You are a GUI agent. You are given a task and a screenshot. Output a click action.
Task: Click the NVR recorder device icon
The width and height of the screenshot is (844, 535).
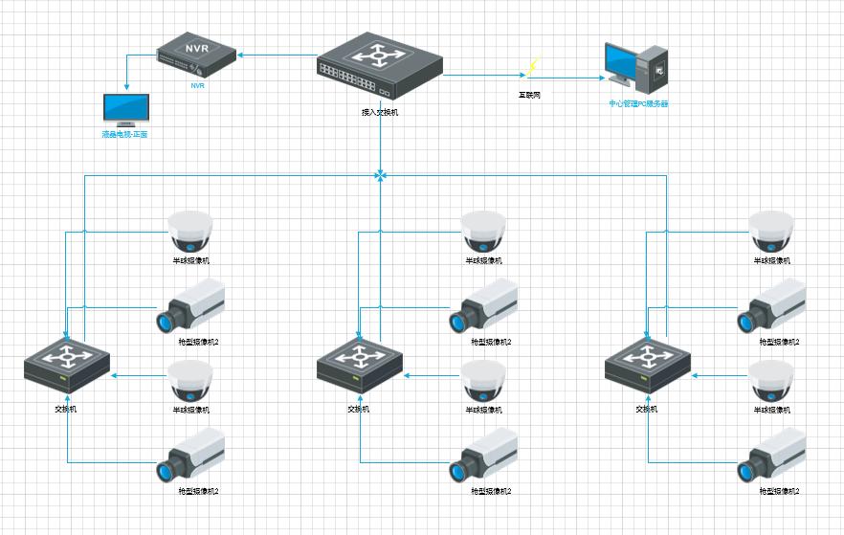196,56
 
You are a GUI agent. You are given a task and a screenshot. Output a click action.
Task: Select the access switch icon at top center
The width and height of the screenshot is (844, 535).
381,67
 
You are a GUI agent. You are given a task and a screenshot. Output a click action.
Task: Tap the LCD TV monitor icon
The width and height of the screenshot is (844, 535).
126,109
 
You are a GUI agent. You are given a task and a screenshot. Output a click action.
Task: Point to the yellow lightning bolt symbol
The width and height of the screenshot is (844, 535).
532,67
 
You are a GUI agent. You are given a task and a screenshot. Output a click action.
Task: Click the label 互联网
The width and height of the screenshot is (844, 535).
530,95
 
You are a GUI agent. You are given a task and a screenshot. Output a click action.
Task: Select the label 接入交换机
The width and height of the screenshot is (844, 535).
380,113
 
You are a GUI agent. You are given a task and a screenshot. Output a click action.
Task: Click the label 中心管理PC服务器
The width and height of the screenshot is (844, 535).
638,103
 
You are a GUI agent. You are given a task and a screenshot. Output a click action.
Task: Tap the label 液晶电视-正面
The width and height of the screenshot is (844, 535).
125,135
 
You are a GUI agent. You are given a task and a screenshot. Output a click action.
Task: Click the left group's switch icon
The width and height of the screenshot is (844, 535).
67,365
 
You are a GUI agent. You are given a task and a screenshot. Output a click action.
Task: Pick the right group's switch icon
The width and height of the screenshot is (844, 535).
648,365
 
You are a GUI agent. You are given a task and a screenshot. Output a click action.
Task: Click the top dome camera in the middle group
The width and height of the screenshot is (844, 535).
483,231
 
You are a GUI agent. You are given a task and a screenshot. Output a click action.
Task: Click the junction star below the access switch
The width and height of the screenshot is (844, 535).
381,175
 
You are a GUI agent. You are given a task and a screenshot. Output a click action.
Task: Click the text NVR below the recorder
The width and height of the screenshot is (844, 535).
197,85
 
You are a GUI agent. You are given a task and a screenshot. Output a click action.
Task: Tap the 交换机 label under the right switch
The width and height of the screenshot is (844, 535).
647,410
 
